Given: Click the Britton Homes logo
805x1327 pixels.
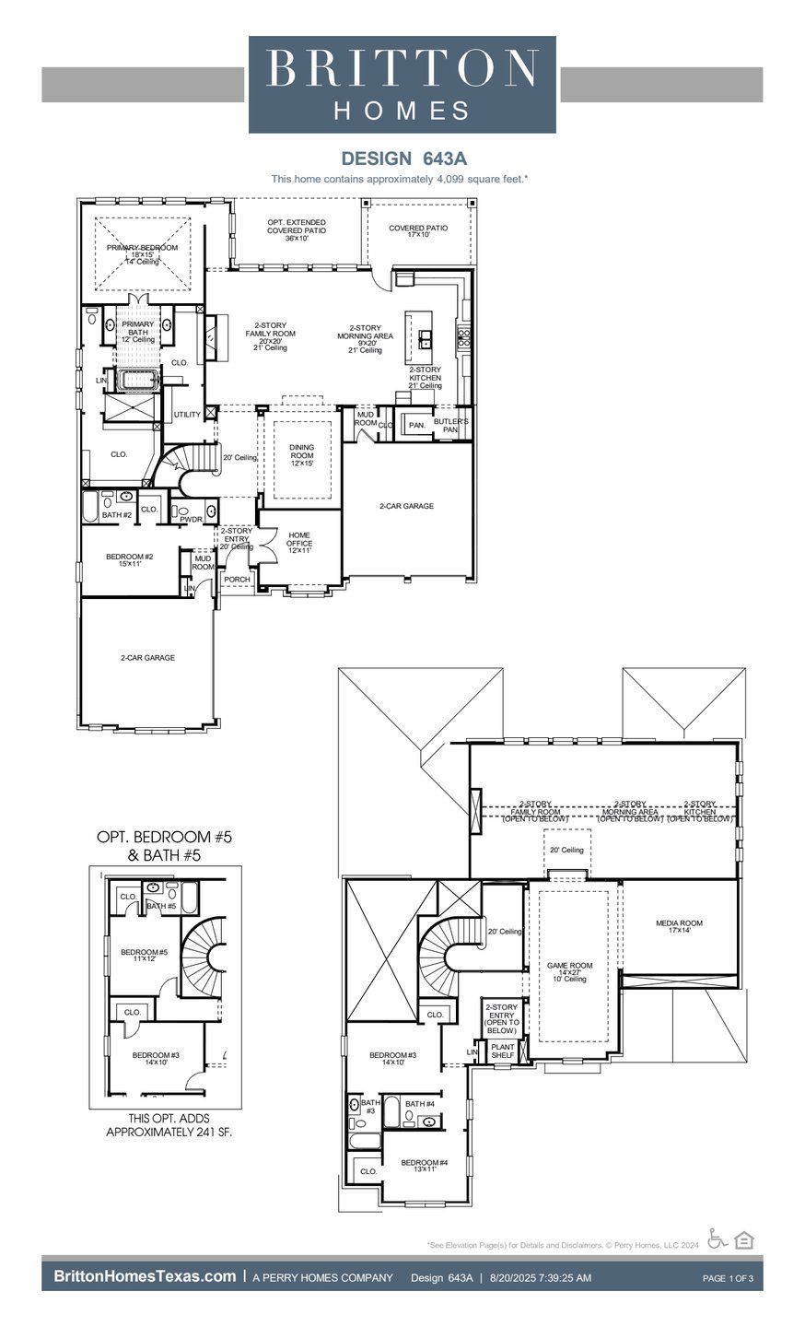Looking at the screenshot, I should coord(402,85).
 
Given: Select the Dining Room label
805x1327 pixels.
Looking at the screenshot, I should coord(301,455).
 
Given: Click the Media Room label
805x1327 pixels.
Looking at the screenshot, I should coord(678,926).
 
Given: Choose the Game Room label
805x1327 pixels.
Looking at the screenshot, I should coord(569,972).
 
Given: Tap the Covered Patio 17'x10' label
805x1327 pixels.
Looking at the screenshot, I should coord(417,231).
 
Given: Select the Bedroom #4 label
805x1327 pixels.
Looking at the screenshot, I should coord(424,1166).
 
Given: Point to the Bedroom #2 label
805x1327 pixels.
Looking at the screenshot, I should coord(129,559).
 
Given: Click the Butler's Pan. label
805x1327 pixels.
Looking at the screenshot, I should coord(450,425).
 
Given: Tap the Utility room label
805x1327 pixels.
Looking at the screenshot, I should coord(187,415).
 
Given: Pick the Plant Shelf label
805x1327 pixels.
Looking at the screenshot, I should coord(502,1051).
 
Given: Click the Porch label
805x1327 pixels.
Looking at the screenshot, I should coord(237,580).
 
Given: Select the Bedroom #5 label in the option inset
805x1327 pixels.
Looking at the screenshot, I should coord(145,956).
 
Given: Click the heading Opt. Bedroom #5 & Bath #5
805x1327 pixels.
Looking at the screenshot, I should coord(165,845).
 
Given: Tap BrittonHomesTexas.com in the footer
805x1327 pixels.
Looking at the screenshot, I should coord(145,1276).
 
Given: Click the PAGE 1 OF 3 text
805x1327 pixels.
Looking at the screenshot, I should coord(728,1278).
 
